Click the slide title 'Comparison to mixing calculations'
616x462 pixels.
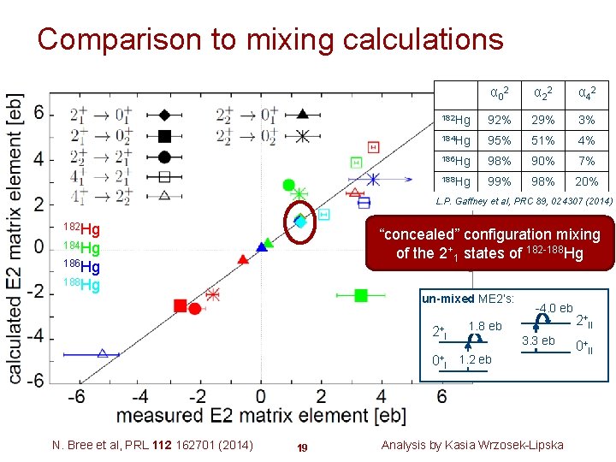270,39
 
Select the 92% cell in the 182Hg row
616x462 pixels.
500,120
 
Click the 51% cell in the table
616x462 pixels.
542,140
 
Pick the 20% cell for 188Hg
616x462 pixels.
586,181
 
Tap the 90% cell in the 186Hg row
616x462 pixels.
542,161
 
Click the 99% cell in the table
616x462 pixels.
500,181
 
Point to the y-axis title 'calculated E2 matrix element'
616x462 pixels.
15,237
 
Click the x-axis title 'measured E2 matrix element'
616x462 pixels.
260,416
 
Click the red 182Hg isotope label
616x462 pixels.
82,229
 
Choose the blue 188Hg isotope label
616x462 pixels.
82,285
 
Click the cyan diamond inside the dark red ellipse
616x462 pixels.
300,221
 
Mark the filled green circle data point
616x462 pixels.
288,186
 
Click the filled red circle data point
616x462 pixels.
195,308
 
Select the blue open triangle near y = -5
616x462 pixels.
103,352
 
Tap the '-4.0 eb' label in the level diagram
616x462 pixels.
554,308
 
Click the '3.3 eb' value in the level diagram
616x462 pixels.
538,341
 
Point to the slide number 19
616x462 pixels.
301,447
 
